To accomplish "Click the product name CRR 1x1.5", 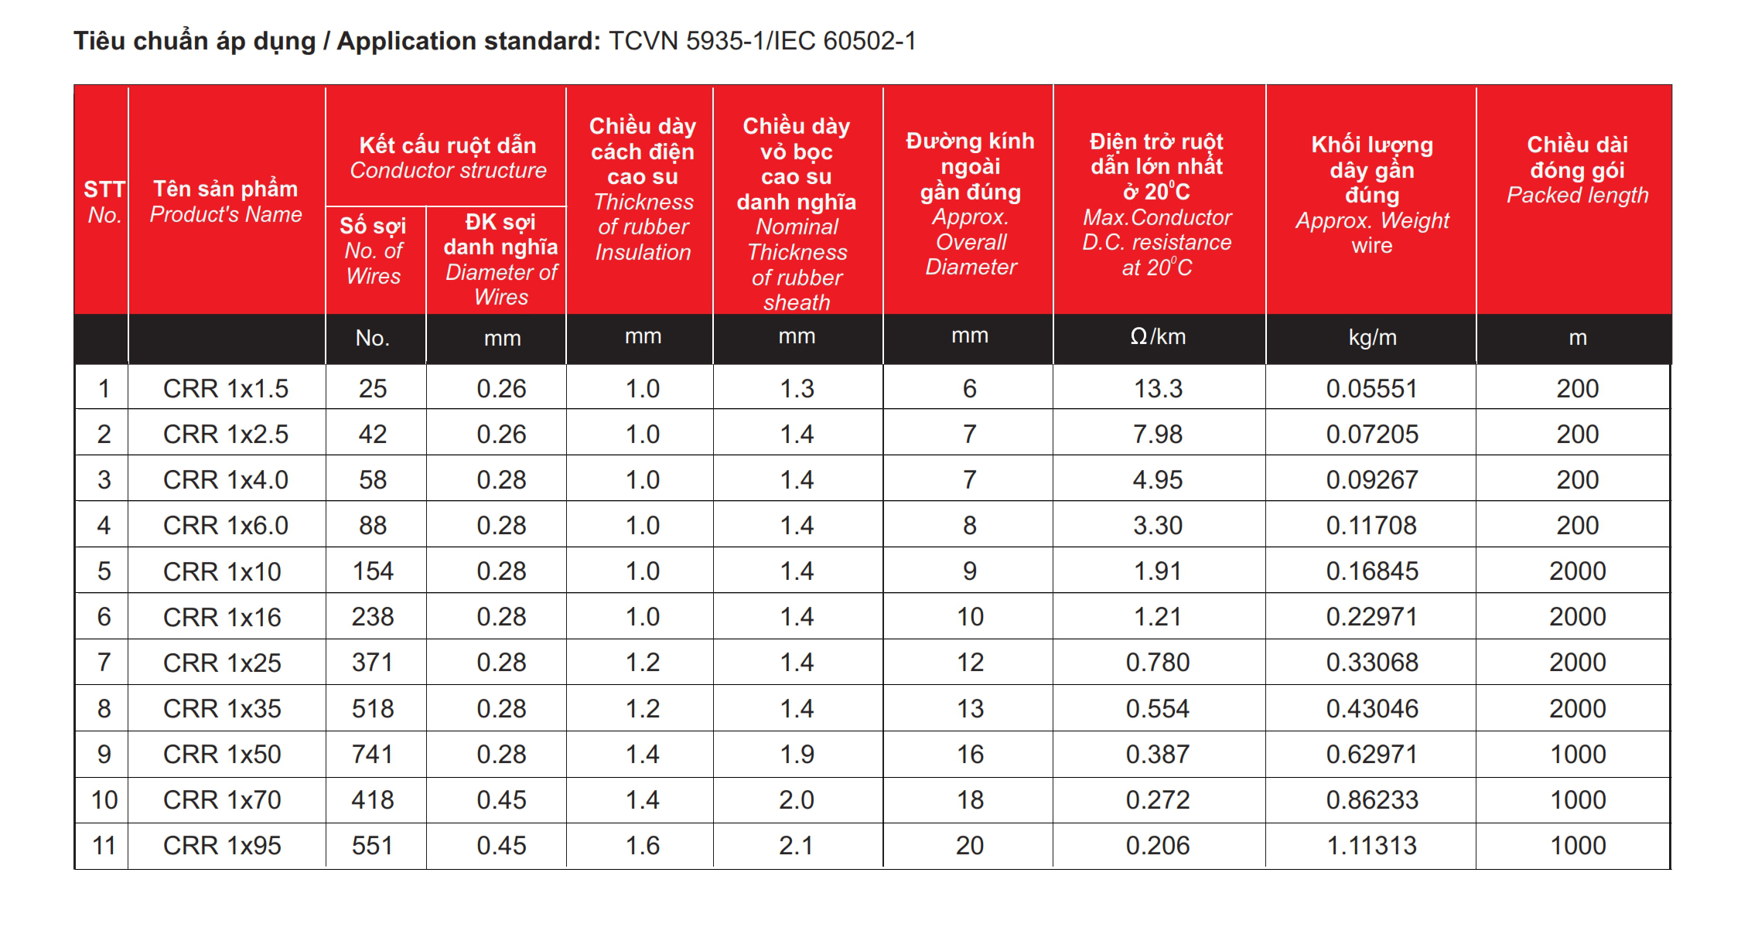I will tap(225, 388).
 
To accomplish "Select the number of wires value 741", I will tap(372, 754).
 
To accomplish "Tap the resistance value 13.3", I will tap(1158, 388).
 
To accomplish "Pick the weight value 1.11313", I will tap(1371, 845).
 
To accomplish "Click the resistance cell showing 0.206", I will tap(1158, 845).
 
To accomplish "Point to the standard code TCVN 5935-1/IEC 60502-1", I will tap(762, 41).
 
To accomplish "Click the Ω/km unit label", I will tap(1158, 337).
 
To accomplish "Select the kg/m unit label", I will tap(1372, 337).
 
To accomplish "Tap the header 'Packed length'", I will tap(1577, 195).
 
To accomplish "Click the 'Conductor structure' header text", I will tap(448, 170).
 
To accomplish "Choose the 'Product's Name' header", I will tap(225, 214).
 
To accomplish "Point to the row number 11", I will tap(104, 845).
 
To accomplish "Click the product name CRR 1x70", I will tap(222, 799).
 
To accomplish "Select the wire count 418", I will tap(372, 799).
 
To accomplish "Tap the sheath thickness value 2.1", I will tap(797, 845).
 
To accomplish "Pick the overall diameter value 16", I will tap(969, 754).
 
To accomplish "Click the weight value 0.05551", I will tap(1371, 388).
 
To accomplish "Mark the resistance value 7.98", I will tap(1158, 434).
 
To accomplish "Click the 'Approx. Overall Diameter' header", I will tap(971, 242).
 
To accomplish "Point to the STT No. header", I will tap(104, 202).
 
